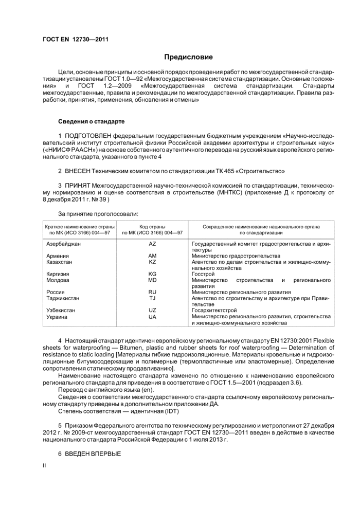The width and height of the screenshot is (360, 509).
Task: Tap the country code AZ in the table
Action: point(152,244)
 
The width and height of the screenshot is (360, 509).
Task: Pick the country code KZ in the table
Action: point(152,262)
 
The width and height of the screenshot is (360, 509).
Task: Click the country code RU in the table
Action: point(152,292)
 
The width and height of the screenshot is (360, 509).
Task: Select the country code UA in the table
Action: point(152,317)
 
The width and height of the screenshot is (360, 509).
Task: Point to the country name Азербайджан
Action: point(63,244)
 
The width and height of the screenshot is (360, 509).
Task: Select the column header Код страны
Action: point(152,226)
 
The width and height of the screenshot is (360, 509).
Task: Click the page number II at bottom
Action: point(44,465)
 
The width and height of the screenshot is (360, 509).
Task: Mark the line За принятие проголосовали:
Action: point(98,213)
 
